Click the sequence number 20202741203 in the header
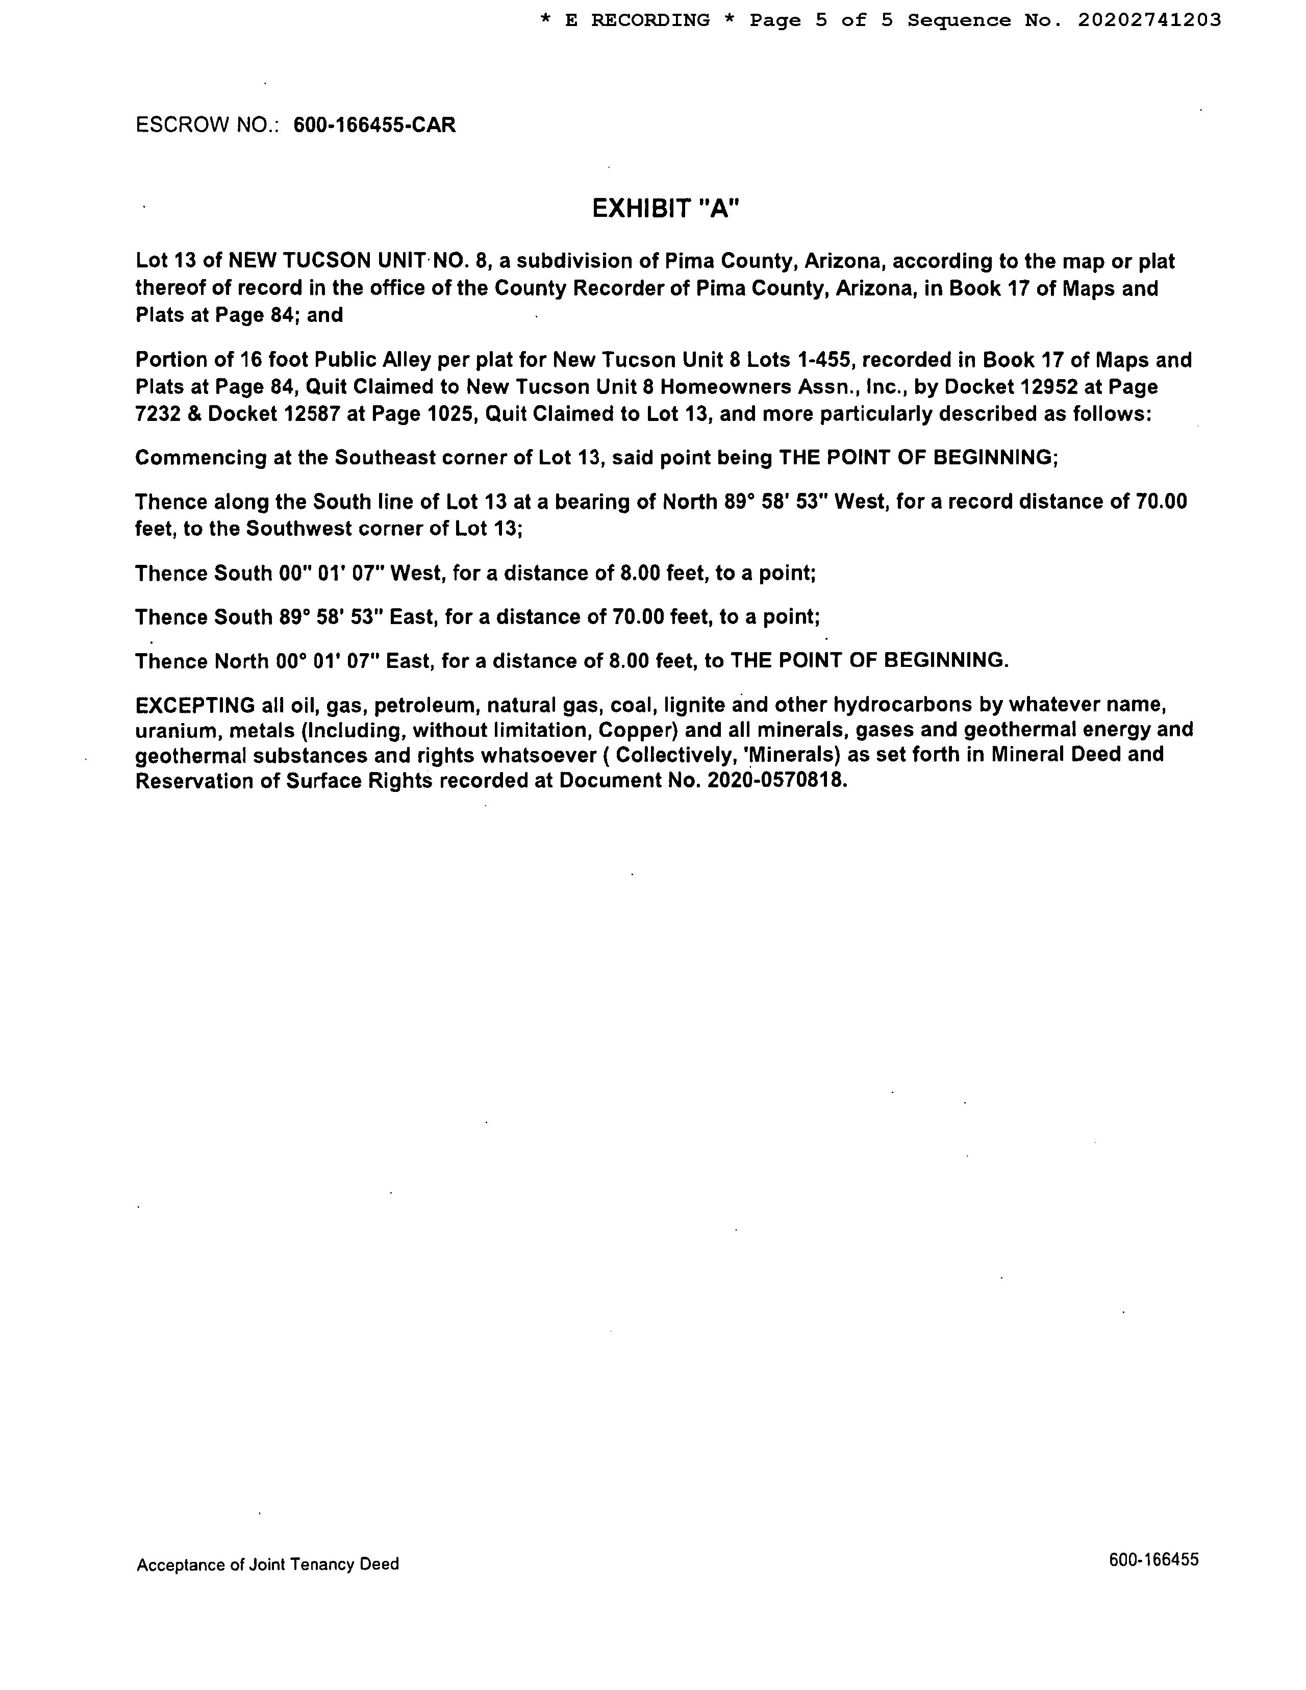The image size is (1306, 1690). pyautogui.click(x=1149, y=20)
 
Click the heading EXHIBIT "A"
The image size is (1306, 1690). pyautogui.click(x=665, y=208)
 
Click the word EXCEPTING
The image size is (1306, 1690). pyautogui.click(x=195, y=705)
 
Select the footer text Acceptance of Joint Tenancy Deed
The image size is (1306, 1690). pyautogui.click(x=268, y=1564)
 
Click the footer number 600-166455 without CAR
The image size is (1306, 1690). pyautogui.click(x=1153, y=1559)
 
